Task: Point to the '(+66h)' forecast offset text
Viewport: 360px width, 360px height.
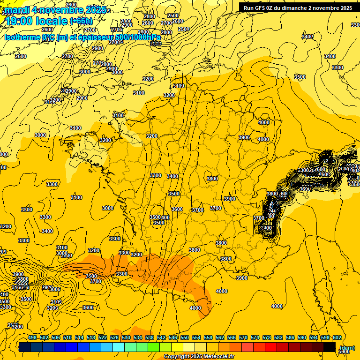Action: (81, 21)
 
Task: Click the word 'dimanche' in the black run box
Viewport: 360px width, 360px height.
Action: (290, 8)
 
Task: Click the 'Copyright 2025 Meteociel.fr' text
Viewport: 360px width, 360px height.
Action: (199, 357)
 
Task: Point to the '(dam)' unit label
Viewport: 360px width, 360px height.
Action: (347, 347)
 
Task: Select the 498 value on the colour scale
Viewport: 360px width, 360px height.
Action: (32, 337)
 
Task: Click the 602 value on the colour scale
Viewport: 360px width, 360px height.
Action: (337, 337)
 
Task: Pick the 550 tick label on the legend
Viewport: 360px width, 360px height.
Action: (185, 337)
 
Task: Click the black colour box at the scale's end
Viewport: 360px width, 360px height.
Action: (329, 347)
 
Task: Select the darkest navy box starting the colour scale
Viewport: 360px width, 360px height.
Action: (25, 347)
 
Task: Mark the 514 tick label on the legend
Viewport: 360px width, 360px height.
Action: (79, 337)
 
